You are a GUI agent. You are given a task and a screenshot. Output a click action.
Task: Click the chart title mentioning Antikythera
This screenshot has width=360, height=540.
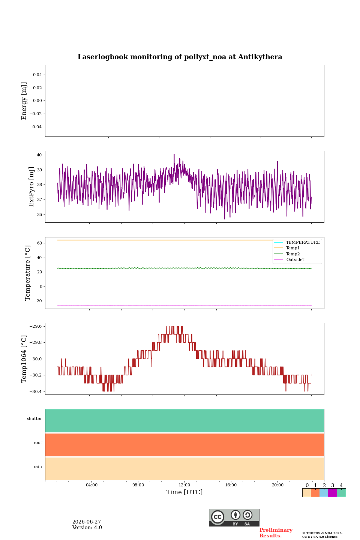(180, 57)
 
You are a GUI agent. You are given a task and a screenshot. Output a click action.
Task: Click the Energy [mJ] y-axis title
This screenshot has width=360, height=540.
(24, 101)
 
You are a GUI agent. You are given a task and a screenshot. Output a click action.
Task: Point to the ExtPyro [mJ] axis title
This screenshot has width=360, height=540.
(31, 187)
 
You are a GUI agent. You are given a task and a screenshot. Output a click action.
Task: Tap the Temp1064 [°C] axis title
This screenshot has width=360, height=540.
(24, 359)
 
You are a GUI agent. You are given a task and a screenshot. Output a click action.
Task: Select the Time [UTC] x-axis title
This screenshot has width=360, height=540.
(184, 492)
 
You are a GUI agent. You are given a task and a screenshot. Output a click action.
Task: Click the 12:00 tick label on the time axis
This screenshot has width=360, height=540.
(184, 485)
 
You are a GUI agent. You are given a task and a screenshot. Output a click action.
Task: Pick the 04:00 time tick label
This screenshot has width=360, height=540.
(91, 485)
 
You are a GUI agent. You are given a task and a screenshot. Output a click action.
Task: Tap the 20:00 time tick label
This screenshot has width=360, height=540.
(277, 485)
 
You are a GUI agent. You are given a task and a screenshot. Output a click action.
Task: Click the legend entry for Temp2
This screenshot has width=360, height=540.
(293, 254)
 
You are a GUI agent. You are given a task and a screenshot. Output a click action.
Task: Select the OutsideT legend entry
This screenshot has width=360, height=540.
(295, 259)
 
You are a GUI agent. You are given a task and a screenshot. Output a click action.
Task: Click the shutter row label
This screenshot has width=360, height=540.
(34, 419)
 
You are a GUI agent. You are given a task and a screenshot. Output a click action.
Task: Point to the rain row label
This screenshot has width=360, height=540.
(38, 467)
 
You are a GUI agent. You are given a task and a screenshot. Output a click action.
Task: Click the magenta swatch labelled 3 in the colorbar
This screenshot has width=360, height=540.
(332, 493)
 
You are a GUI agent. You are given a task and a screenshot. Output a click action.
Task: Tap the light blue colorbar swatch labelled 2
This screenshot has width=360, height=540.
(324, 493)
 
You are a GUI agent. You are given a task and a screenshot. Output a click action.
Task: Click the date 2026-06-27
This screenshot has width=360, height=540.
(87, 522)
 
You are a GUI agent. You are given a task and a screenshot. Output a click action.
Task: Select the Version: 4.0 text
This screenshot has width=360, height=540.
(87, 528)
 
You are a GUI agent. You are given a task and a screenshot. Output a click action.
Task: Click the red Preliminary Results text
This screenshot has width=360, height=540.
(276, 533)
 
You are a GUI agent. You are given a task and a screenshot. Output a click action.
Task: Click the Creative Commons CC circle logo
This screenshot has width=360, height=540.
(217, 517)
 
